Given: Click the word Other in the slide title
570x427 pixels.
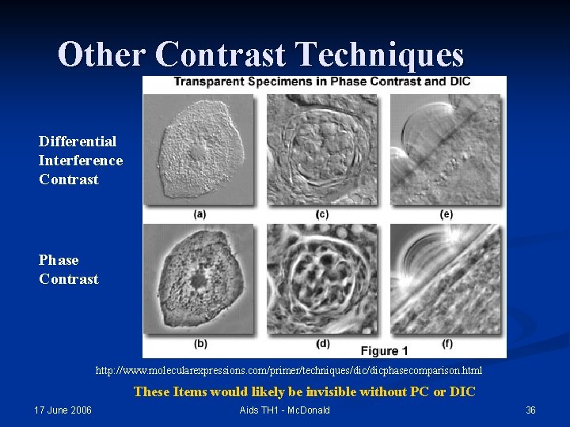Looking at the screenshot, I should pos(102,55).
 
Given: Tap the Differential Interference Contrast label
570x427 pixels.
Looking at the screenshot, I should pos(80,161).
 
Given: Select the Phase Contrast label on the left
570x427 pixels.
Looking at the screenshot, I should pos(69,270).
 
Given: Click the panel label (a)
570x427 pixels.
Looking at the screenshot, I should pos(199,214).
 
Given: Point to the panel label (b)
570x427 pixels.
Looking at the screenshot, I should pos(199,344).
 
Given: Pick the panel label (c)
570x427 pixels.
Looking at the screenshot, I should pos(322,214).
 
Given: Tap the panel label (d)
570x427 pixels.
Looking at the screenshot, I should pos(322,344).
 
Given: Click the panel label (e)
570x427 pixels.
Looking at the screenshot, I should pos(446,214).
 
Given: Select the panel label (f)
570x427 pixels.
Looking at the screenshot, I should pos(447,344).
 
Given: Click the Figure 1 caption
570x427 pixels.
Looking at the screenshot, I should pos(384,350).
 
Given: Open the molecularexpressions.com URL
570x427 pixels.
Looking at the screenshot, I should pos(288,371).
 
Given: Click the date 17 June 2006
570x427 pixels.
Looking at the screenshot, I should pos(63,410).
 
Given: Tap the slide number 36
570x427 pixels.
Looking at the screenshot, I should pos(530,410).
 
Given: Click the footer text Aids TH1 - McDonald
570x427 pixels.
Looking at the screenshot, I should pos(284,410).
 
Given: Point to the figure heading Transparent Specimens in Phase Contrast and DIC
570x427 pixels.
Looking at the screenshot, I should pos(321,82).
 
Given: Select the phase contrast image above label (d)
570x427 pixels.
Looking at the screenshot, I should pos(322,278).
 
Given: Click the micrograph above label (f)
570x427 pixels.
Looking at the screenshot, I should pos(446,278).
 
